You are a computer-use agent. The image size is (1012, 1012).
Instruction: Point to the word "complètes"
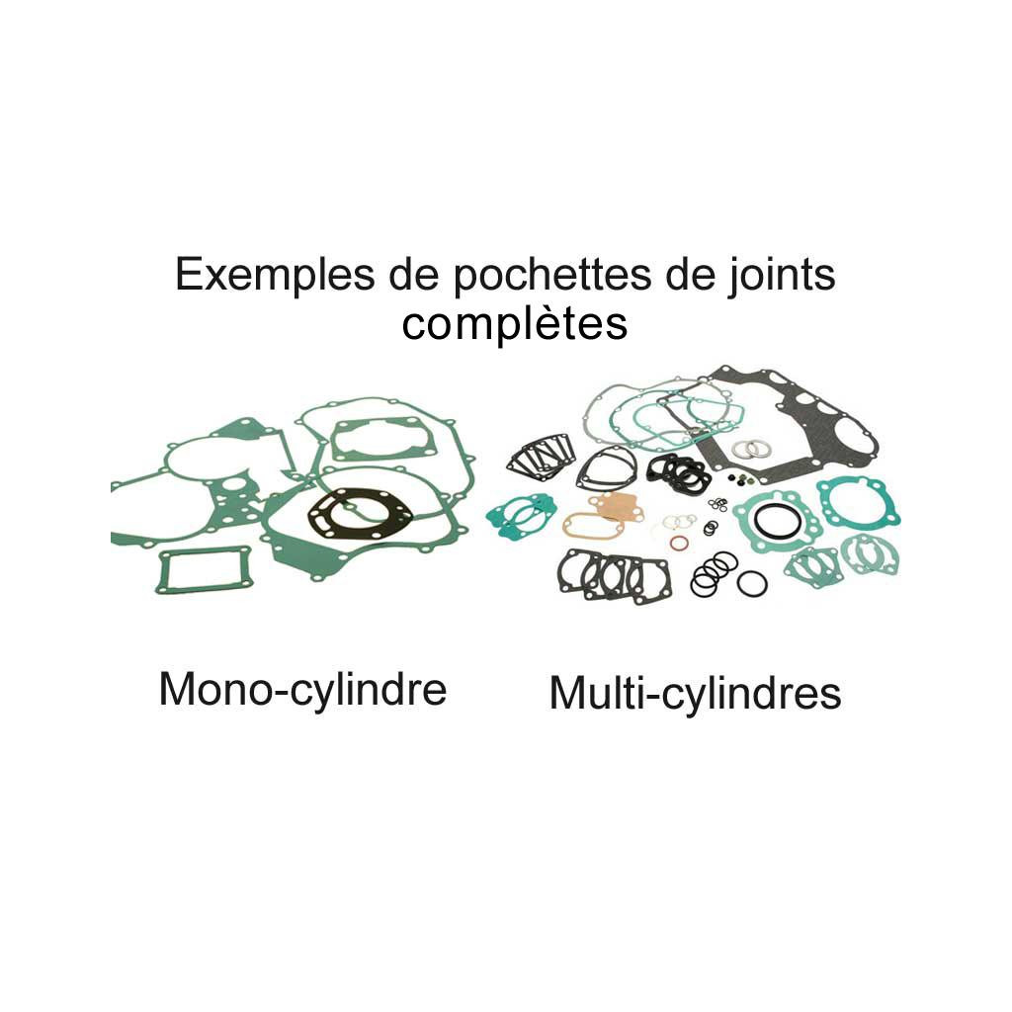click(514, 324)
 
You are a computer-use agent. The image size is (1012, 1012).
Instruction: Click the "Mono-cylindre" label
click(302, 689)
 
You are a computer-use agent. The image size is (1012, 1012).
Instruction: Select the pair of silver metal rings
click(751, 450)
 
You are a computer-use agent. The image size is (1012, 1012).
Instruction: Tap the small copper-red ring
click(679, 543)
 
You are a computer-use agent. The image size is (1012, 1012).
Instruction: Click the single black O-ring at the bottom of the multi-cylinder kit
click(752, 583)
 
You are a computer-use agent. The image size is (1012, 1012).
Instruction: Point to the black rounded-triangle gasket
click(607, 467)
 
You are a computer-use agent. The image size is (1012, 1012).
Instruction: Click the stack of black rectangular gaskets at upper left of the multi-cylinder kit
click(541, 457)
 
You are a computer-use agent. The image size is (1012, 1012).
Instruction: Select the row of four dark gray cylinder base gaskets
click(613, 576)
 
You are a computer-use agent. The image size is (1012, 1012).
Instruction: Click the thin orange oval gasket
click(592, 525)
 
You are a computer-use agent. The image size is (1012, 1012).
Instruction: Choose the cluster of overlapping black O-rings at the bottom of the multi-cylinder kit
click(712, 572)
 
